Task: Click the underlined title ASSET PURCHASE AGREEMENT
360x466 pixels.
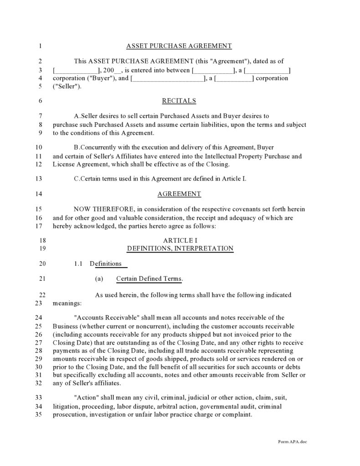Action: (x=179, y=46)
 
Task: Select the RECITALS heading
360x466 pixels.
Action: (x=179, y=101)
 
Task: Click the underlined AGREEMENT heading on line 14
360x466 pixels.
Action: (x=179, y=194)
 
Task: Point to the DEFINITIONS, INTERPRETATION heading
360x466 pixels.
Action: (x=180, y=249)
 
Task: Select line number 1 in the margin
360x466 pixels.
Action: (x=40, y=46)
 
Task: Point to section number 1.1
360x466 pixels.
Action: (x=77, y=264)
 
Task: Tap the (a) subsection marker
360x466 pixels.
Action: (x=99, y=279)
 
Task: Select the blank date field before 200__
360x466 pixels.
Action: (x=77, y=70)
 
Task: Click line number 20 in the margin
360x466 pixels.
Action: (x=42, y=264)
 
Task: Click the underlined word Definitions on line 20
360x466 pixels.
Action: (x=106, y=264)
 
